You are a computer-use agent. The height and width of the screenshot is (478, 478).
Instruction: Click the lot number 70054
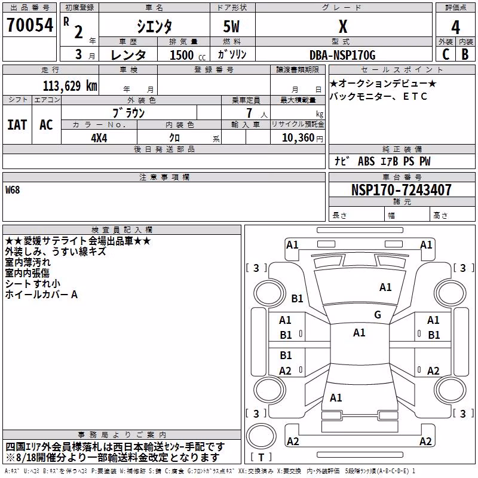pos(30,25)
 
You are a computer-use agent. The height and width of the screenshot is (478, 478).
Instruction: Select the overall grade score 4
pos(455,27)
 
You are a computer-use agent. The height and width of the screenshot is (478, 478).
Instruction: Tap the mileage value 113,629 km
pos(70,86)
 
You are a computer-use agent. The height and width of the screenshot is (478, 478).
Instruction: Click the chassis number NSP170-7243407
pos(401,190)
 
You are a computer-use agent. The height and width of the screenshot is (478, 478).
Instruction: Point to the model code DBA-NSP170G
pos(342,55)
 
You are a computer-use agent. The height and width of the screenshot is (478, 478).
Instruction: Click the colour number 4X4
pos(99,138)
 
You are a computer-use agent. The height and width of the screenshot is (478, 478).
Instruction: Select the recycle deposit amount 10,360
pos(298,138)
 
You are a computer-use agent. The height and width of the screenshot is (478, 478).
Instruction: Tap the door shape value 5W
pos(231,26)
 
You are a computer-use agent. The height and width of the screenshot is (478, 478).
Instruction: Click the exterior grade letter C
pos(446,54)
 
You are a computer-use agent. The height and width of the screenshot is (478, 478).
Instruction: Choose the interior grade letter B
pos(465,54)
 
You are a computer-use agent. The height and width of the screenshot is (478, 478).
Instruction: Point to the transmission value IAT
pos(17,125)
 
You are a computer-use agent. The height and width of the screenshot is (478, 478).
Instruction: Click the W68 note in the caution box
pos(13,190)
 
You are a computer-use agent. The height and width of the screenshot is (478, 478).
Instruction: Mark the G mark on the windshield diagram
pos(378,315)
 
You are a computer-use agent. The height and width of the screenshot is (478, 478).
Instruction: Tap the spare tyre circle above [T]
pos(261,436)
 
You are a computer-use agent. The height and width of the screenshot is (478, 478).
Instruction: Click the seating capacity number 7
pos(249,113)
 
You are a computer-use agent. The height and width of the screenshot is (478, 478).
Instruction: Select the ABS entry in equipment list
pos(366,161)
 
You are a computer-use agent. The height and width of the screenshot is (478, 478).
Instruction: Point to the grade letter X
pos(343,26)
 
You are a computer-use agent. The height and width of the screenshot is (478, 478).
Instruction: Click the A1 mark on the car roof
pos(359,333)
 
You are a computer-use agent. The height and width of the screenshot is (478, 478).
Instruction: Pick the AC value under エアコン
pos(46,125)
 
